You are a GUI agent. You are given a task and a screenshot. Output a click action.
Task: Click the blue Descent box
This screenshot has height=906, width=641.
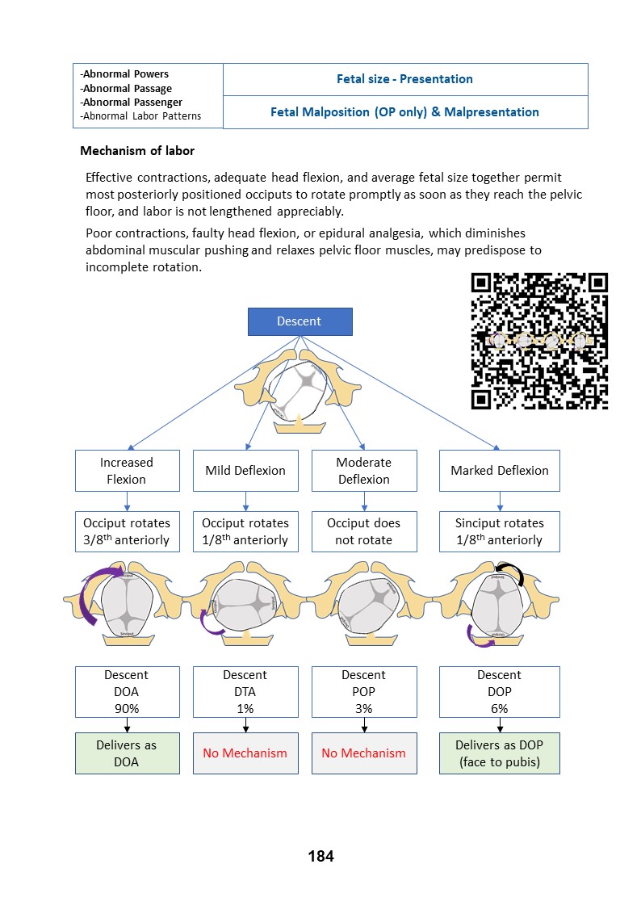[299, 321]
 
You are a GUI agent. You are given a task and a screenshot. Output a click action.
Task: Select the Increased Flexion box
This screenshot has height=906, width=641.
[127, 471]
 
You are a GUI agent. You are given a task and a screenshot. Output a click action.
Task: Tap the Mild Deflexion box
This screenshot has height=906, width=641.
[245, 471]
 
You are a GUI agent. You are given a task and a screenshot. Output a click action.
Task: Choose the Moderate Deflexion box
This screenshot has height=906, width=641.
[364, 471]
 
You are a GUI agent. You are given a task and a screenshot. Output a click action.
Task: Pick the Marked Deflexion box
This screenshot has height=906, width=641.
[499, 471]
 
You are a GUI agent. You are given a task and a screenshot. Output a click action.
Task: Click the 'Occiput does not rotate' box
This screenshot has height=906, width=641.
[364, 531]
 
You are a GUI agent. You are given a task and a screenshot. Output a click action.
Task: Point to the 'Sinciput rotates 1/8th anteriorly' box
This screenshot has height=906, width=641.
[499, 531]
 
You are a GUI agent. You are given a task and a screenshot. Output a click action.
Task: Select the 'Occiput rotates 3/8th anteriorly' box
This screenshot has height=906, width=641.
[127, 531]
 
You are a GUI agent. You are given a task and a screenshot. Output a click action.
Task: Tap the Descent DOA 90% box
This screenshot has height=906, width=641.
[127, 692]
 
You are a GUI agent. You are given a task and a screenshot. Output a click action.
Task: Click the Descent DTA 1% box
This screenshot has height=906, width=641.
[245, 692]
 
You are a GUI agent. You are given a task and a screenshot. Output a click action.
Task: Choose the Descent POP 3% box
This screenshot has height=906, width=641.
[364, 692]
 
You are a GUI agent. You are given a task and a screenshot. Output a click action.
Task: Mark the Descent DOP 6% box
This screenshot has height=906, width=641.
[499, 692]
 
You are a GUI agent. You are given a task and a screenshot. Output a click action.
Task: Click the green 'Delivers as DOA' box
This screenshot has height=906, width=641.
[127, 753]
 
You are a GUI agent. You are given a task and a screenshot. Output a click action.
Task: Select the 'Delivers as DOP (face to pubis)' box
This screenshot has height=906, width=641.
[499, 753]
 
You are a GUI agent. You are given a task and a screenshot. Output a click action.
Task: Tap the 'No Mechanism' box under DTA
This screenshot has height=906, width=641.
[245, 753]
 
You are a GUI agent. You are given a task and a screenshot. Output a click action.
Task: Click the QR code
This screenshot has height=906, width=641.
[539, 341]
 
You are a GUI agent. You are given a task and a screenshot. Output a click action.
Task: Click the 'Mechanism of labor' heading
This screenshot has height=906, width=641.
[137, 151]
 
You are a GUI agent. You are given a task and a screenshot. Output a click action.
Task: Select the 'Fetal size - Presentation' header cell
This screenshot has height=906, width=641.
[404, 79]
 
